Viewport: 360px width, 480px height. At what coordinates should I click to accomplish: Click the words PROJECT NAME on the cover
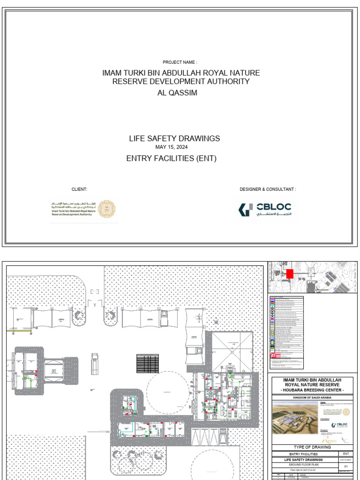[180, 62]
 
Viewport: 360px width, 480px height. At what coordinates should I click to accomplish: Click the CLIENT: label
[79, 189]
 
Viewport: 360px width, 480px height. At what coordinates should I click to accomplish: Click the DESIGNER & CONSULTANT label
[268, 189]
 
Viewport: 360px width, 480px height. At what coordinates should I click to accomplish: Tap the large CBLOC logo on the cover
[265, 209]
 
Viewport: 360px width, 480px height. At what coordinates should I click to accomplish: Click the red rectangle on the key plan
[289, 274]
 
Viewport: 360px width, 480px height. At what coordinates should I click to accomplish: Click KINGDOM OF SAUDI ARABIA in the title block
[312, 397]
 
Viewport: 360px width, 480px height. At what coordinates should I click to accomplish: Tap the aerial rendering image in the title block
[295, 418]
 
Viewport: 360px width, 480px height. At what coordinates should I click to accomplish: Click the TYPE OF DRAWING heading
[312, 447]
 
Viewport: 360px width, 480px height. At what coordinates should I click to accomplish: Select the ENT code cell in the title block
[346, 454]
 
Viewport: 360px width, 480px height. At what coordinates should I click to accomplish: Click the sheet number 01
[346, 466]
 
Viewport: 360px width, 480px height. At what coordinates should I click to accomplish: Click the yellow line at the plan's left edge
[19, 331]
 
